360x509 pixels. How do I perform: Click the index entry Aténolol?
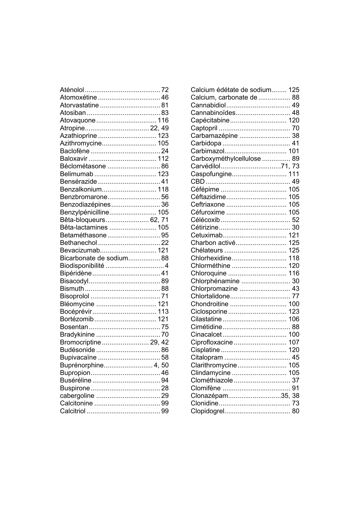pyautogui.click(x=72, y=90)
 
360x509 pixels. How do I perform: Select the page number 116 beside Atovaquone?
pyautogui.click(x=163, y=120)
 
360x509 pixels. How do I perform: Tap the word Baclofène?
pyautogui.click(x=75, y=151)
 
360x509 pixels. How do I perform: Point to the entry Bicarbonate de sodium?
pyautogui.click(x=94, y=258)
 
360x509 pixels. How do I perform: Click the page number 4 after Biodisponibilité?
pyautogui.click(x=167, y=266)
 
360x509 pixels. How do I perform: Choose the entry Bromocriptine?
pyautogui.click(x=80, y=342)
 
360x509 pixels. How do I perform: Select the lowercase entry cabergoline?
pyautogui.click(x=77, y=396)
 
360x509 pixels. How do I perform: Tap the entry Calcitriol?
pyautogui.click(x=73, y=411)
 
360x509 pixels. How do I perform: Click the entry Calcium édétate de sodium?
pyautogui.click(x=231, y=90)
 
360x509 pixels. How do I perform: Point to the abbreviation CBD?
pyautogui.click(x=198, y=182)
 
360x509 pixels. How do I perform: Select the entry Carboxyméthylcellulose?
pyautogui.click(x=226, y=159)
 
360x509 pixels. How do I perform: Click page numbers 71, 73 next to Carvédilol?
pyautogui.click(x=290, y=166)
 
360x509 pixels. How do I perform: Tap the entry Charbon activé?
pyautogui.click(x=213, y=243)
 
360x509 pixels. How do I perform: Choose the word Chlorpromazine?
pyautogui.click(x=214, y=289)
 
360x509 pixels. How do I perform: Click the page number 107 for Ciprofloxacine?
pyautogui.click(x=294, y=342)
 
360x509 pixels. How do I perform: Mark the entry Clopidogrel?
pyautogui.click(x=207, y=411)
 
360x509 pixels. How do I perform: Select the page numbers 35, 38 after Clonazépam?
pyautogui.click(x=290, y=396)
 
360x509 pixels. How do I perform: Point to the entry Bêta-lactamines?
pyautogui.click(x=84, y=228)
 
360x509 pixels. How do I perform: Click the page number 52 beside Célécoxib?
pyautogui.click(x=296, y=220)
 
